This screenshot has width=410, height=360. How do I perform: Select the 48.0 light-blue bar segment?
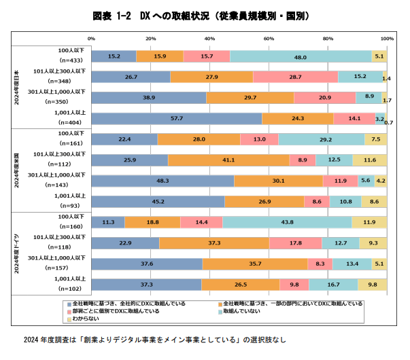click(301, 56)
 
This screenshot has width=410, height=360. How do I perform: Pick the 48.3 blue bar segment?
click(163, 181)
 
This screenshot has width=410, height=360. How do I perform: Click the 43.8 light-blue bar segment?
click(287, 222)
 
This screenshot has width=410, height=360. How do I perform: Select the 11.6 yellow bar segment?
click(370, 160)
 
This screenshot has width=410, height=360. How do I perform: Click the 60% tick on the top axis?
click(268, 38)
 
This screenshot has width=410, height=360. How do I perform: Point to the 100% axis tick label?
click(386, 38)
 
